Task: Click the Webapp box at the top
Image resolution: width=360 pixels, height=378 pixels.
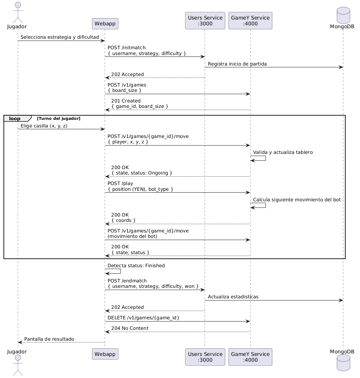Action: coord(105,24)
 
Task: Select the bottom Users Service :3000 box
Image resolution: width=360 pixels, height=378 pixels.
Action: coord(205,357)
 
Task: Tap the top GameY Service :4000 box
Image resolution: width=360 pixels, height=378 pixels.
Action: coord(250,21)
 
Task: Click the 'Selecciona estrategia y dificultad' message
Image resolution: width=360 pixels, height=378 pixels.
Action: coord(60,37)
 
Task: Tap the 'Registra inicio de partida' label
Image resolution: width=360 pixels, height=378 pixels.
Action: coord(237,64)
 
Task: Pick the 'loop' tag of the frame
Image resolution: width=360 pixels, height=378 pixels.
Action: coord(15,118)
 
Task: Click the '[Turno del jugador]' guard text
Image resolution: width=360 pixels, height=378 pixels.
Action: coord(58,118)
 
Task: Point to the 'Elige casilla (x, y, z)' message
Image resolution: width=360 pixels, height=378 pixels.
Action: coord(44,126)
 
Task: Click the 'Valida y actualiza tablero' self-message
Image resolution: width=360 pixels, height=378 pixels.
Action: coord(283,152)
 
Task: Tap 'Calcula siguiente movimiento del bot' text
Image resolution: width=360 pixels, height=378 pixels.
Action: coord(297,200)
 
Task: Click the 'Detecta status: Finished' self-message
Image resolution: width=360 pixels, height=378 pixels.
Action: coord(136,265)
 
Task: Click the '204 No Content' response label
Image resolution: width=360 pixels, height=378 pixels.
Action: coord(130,328)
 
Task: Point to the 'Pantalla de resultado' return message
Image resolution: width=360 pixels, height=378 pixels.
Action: coord(49,339)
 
